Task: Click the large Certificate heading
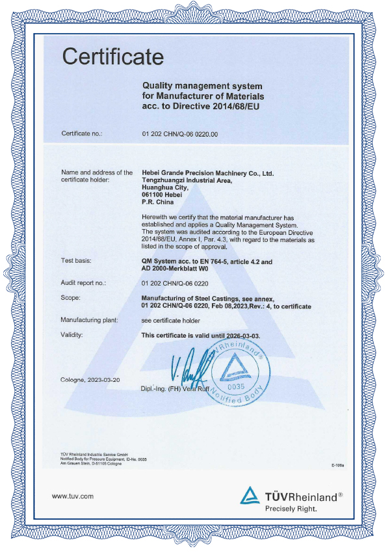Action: [113, 57]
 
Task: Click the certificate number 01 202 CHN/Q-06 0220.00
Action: [180, 134]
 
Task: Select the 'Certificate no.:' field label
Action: [83, 134]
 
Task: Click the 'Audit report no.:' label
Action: [84, 283]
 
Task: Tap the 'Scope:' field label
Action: [70, 298]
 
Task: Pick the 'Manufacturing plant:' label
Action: [88, 320]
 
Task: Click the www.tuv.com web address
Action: [73, 496]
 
